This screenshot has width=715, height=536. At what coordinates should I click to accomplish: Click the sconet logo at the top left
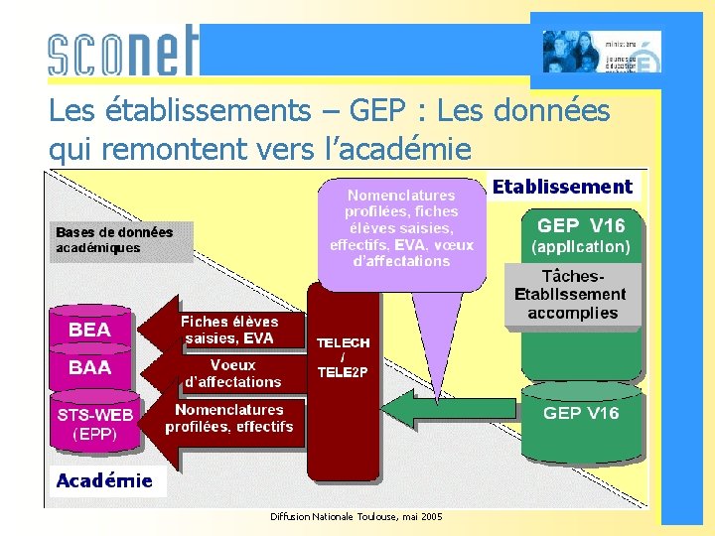point(123,51)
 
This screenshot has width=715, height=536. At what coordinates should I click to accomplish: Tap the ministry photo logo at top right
point(601,52)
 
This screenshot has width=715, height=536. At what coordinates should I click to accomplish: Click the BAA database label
point(89,367)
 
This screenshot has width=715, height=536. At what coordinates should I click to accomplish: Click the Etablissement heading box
point(562,187)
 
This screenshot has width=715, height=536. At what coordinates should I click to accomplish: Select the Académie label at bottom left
point(104,481)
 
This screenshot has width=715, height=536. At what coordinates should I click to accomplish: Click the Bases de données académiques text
point(113,239)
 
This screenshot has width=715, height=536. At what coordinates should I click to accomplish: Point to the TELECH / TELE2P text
point(343,357)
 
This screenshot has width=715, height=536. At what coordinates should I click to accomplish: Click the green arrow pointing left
point(447,411)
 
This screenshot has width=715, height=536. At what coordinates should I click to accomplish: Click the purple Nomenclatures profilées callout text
point(401,228)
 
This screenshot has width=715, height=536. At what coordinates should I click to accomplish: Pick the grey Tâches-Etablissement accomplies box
point(572,294)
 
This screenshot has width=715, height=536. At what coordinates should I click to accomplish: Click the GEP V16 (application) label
point(581,235)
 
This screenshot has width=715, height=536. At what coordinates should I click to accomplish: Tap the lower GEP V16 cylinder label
point(580,413)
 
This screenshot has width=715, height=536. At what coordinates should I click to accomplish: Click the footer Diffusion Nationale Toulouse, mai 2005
point(357,516)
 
